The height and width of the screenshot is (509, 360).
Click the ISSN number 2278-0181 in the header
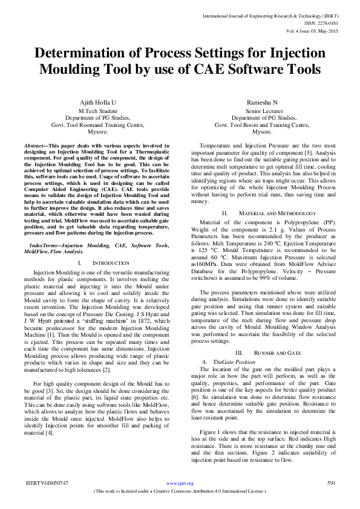[329, 24]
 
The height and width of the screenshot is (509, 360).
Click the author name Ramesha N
[262, 104]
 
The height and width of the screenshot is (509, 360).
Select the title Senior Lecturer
[262, 111]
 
